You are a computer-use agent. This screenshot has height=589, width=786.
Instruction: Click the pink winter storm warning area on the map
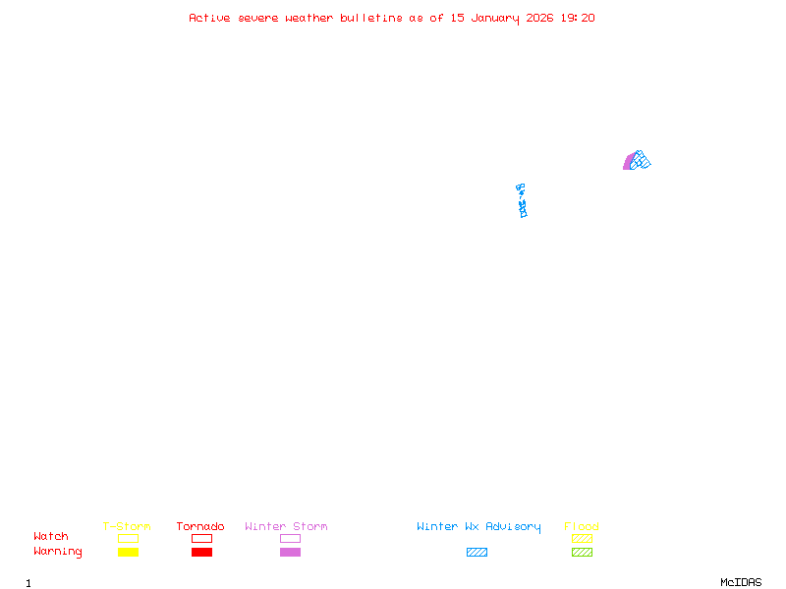click(628, 162)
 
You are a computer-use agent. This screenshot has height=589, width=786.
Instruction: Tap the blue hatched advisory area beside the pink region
click(641, 159)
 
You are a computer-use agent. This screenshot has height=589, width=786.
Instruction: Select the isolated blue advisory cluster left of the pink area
click(522, 200)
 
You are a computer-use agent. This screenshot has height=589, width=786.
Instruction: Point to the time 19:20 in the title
click(579, 18)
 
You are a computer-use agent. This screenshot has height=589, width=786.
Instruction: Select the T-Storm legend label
click(127, 526)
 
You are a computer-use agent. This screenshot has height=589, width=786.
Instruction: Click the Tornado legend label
click(200, 526)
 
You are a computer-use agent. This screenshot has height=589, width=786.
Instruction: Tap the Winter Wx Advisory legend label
click(478, 526)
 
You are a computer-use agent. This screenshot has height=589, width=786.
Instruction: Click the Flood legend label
click(582, 526)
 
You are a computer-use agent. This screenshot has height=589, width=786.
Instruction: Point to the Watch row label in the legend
click(51, 537)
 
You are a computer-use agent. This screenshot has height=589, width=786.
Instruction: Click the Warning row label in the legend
click(58, 552)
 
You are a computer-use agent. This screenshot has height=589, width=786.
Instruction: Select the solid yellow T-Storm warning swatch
click(128, 552)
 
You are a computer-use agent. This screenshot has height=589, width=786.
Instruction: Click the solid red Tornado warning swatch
click(201, 552)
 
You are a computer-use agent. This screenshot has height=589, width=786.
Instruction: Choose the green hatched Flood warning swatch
click(582, 552)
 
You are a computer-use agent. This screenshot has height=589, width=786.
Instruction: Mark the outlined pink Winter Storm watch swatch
click(290, 538)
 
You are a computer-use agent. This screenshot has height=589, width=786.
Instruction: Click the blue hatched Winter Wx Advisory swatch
click(477, 552)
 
